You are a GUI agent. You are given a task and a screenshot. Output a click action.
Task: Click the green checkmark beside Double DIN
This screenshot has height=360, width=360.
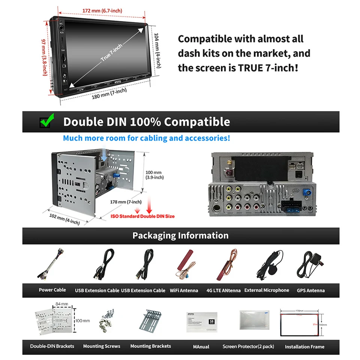[47, 121]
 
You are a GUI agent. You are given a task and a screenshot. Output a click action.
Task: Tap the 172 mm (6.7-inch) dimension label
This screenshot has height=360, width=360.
[102, 10]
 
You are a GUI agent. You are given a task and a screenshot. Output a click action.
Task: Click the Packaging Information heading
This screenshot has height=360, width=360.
[180, 235]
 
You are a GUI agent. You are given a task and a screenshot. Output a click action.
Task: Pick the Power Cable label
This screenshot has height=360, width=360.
[52, 290]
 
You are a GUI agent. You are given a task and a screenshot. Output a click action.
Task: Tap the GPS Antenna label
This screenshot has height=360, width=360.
[310, 290]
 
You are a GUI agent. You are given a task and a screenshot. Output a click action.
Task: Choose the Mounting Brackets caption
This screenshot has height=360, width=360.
[150, 346]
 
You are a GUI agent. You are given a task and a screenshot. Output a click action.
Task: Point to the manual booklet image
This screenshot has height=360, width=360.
[201, 321]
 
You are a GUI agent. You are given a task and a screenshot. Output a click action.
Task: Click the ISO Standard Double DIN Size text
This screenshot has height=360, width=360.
[142, 216]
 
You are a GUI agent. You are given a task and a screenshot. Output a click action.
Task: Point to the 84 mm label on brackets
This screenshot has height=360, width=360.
[61, 304]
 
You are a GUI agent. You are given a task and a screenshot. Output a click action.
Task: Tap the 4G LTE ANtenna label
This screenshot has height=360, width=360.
[223, 290]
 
